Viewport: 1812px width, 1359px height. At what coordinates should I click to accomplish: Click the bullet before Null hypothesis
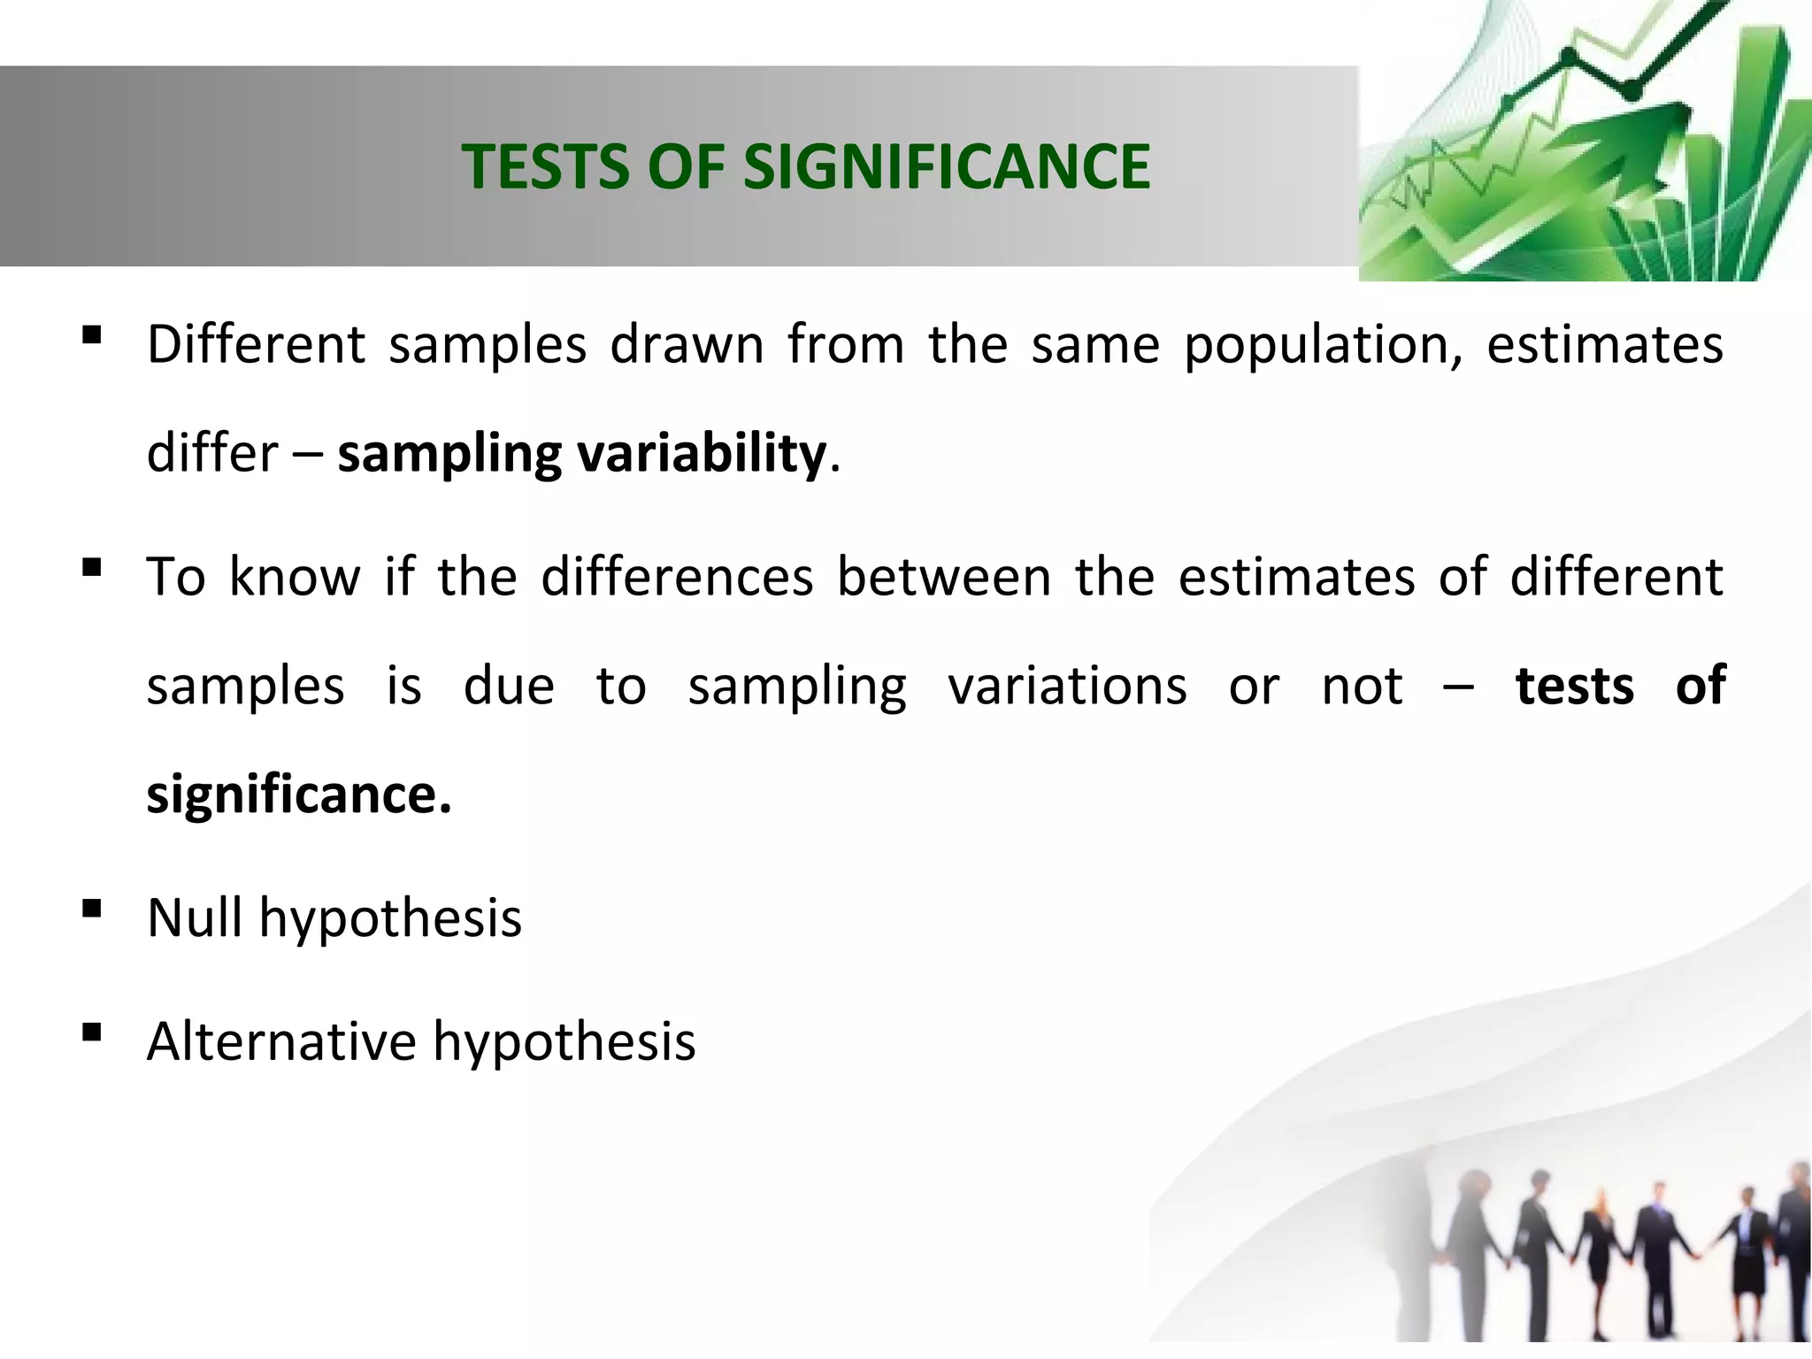tap(90, 909)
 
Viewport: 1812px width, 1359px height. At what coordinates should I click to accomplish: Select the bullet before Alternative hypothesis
tap(90, 1032)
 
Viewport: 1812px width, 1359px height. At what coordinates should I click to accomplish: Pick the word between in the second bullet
tap(944, 577)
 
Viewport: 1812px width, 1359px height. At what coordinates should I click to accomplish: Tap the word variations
tap(1067, 686)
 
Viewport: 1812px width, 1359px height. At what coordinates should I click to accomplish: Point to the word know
tap(295, 577)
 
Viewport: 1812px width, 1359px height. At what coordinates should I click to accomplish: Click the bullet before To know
tap(90, 566)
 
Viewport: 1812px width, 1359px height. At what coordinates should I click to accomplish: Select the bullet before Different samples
tap(90, 334)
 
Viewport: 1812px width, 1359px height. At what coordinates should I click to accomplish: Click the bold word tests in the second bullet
tap(1574, 686)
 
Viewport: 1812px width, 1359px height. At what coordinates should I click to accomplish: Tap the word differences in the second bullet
tap(677, 577)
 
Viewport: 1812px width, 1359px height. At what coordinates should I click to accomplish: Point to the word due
tap(509, 686)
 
